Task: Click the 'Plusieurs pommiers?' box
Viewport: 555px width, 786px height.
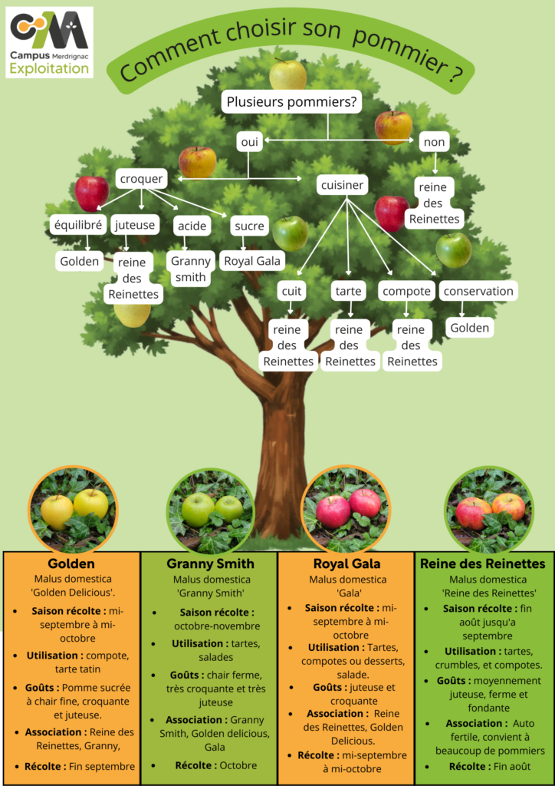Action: click(x=291, y=102)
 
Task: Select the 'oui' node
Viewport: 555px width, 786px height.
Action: click(x=248, y=142)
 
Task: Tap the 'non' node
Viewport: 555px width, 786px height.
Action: click(x=434, y=142)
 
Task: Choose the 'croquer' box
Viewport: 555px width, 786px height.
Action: click(x=142, y=179)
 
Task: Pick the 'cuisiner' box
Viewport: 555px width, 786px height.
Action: click(x=341, y=185)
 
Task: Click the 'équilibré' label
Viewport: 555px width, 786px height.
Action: click(x=77, y=226)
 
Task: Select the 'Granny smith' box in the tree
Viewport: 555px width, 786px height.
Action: click(x=190, y=269)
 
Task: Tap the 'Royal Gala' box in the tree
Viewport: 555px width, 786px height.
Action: click(x=251, y=261)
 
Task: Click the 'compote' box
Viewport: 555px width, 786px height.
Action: click(x=407, y=291)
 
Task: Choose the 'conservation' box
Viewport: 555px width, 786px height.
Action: click(x=478, y=291)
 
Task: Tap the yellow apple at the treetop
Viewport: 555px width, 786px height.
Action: click(x=287, y=75)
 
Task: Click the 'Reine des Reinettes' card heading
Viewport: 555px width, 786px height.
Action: click(x=483, y=563)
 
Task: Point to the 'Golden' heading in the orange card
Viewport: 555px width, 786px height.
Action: click(x=72, y=563)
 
